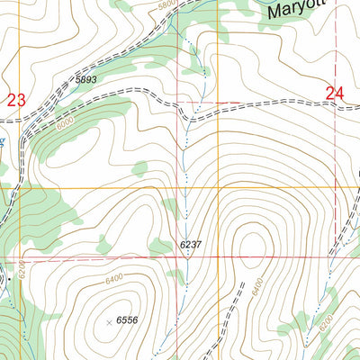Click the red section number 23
coord(16,101)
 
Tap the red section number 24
coord(335,93)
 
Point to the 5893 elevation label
coord(85,80)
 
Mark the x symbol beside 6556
coord(110,321)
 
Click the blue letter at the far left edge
coord(3,142)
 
